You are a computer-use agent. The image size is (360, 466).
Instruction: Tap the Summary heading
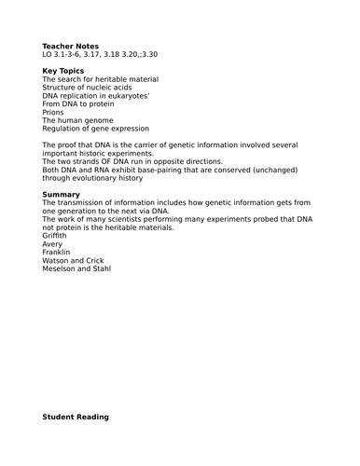pos(61,194)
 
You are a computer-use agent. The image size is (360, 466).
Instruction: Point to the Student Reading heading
pos(76,417)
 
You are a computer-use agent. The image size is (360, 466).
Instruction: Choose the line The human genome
pos(77,121)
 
